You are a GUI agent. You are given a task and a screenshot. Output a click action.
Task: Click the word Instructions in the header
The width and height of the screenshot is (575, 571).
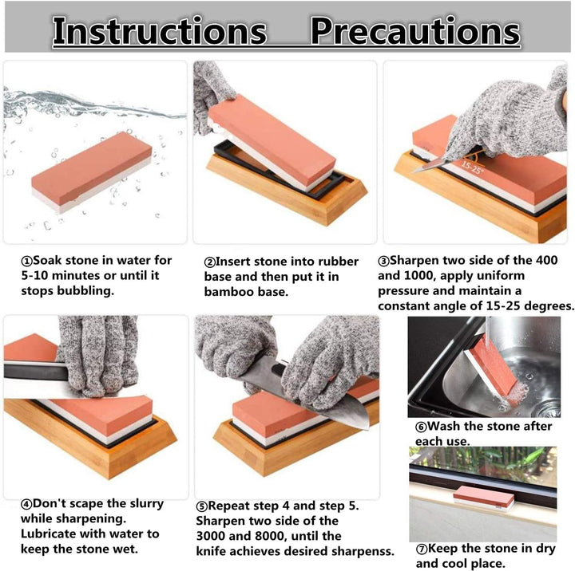(x=160, y=31)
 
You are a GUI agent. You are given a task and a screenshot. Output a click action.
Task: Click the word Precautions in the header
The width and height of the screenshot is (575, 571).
(x=415, y=32)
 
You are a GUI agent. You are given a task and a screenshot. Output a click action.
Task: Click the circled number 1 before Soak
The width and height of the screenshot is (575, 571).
(x=27, y=262)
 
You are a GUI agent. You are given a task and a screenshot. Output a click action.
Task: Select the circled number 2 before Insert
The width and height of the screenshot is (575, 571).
(x=209, y=262)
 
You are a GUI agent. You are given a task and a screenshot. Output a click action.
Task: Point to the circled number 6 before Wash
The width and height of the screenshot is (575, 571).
(x=421, y=427)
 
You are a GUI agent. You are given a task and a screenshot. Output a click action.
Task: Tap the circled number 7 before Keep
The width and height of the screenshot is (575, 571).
(x=422, y=549)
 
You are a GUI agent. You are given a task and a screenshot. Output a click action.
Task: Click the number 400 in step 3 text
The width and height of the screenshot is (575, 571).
(x=546, y=260)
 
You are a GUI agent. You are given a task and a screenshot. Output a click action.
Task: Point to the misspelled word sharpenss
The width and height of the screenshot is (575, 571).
(x=363, y=552)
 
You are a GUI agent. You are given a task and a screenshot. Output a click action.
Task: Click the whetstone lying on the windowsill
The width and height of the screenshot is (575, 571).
(x=484, y=498)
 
